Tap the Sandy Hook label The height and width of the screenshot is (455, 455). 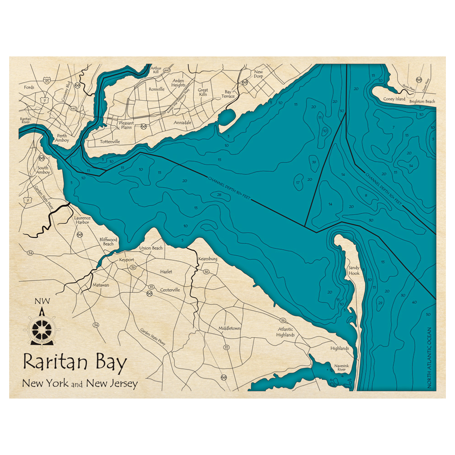coord(354,271)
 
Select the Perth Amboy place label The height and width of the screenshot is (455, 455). coord(62,138)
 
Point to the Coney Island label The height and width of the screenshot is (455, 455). coord(394,99)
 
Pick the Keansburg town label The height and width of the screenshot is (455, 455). coord(207,259)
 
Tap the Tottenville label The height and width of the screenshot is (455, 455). coord(110,142)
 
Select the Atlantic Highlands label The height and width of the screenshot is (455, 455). coord(285,332)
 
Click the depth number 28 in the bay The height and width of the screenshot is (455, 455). coord(219,195)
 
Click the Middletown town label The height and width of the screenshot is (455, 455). coord(229,328)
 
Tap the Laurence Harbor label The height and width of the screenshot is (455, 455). coord(82,221)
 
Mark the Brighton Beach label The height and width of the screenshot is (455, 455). coord(422,101)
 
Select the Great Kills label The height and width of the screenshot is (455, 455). coord(203,92)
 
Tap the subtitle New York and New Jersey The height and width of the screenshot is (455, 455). coord(80,384)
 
